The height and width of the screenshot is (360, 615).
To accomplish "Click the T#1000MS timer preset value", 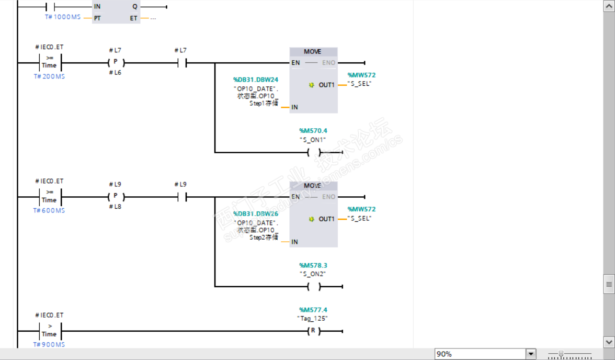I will (62, 17).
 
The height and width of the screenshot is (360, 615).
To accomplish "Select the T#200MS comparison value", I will (49, 76).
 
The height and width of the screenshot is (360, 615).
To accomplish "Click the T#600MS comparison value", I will (49, 210).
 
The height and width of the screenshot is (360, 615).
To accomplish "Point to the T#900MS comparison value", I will (49, 344).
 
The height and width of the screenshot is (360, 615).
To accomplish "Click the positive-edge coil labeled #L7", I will (116, 63).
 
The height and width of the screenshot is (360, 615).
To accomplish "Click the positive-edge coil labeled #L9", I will (116, 197).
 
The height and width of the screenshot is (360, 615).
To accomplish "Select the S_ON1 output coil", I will (313, 152).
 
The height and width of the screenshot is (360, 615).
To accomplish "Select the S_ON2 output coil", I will (313, 286).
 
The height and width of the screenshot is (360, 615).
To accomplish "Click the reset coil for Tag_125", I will (313, 331).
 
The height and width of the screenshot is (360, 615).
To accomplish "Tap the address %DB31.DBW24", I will (256, 80).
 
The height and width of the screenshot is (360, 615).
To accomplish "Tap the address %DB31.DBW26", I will (256, 213).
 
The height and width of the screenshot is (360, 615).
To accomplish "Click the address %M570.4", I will (313, 131).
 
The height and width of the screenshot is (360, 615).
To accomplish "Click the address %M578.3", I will (313, 265).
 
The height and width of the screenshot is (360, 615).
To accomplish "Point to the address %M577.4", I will (313, 310).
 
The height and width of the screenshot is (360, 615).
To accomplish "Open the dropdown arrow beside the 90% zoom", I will (531, 354).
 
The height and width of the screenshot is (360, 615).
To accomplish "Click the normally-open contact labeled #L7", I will (180, 63).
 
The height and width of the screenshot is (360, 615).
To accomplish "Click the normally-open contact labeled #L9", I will (180, 197).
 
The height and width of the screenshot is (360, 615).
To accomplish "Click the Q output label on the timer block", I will (135, 7).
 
